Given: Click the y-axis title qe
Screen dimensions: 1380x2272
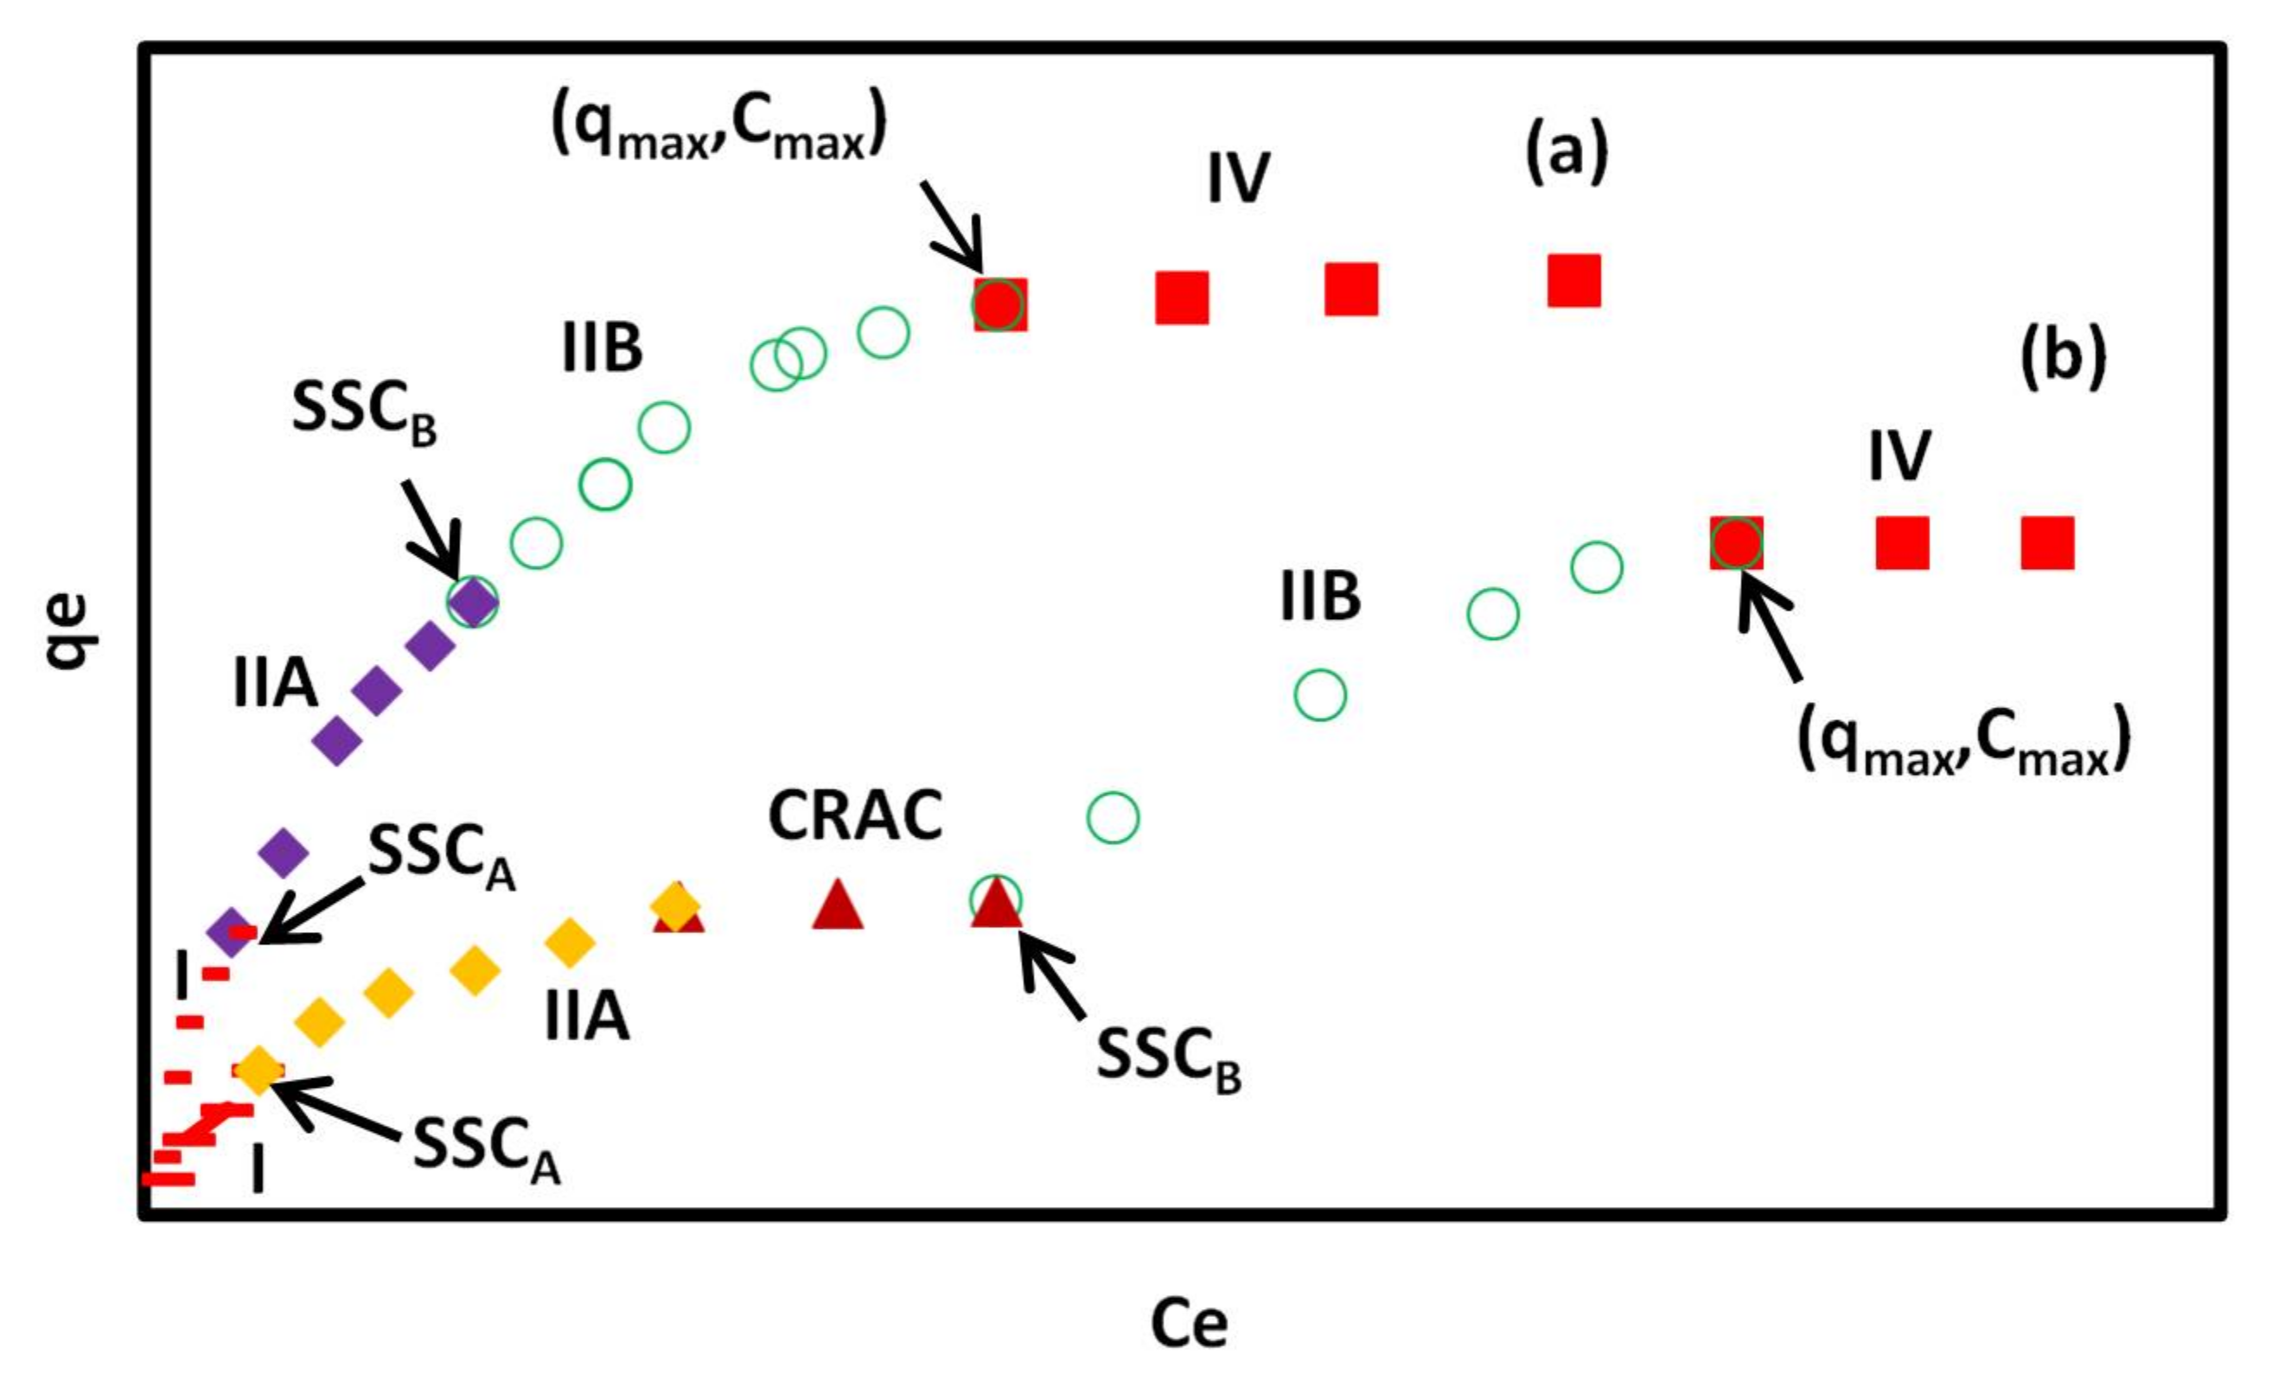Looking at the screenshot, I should (69, 632).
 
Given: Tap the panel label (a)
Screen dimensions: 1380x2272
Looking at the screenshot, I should (1567, 151).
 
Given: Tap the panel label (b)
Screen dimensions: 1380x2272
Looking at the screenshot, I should (2063, 357).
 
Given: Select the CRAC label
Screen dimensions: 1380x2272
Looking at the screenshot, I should (855, 815).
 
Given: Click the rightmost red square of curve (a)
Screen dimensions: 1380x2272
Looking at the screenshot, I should (1573, 280).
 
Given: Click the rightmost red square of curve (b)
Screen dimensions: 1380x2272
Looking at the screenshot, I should (2047, 542).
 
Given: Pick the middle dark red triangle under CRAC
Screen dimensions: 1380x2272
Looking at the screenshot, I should (837, 904).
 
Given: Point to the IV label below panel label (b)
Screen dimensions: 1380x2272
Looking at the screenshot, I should (1899, 456).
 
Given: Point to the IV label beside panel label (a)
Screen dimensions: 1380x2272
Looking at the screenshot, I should (1238, 178).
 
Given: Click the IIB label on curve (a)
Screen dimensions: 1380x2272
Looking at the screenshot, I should (602, 348).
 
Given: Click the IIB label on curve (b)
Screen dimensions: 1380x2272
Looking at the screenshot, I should (1320, 597).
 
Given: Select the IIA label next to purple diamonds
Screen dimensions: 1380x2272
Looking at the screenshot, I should (275, 685).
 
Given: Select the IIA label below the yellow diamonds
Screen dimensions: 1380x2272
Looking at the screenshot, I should (586, 1018).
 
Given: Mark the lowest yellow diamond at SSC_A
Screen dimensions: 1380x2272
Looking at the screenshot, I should (258, 1070).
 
